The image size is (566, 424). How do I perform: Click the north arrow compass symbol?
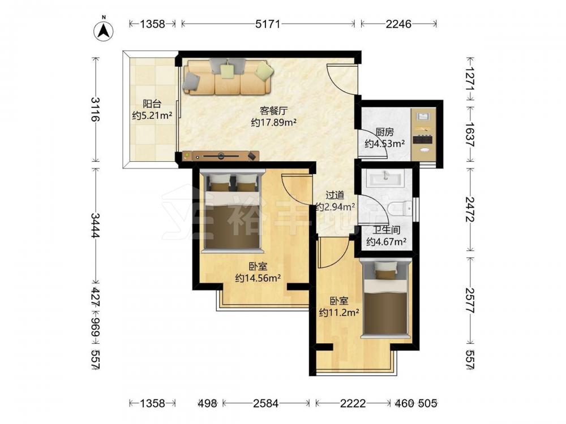click(x=104, y=31)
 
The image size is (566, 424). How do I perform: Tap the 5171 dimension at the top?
click(x=268, y=24)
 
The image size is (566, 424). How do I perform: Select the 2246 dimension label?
click(x=398, y=24)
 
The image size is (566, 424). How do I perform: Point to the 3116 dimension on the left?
click(x=95, y=109)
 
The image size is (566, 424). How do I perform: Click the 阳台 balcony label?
click(x=152, y=104)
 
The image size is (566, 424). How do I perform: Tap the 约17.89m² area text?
click(x=273, y=123)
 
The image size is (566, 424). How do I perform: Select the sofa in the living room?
click(x=228, y=76)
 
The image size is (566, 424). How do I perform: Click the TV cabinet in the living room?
click(x=221, y=156)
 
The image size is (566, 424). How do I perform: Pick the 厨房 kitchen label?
click(x=384, y=132)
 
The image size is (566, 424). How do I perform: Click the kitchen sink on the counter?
click(x=422, y=116)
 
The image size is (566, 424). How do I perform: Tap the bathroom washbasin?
click(x=386, y=178)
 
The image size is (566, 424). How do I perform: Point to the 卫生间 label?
click(x=386, y=230)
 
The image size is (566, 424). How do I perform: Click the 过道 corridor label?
click(x=335, y=196)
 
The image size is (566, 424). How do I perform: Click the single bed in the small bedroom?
click(x=387, y=298)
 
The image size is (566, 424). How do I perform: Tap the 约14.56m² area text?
click(x=258, y=278)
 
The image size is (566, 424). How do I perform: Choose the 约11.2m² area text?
click(x=339, y=312)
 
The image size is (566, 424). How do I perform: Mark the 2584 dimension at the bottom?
click(x=265, y=403)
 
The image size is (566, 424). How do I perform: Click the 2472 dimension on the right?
click(x=470, y=209)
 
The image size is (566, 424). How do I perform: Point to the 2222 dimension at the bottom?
click(x=353, y=403)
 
